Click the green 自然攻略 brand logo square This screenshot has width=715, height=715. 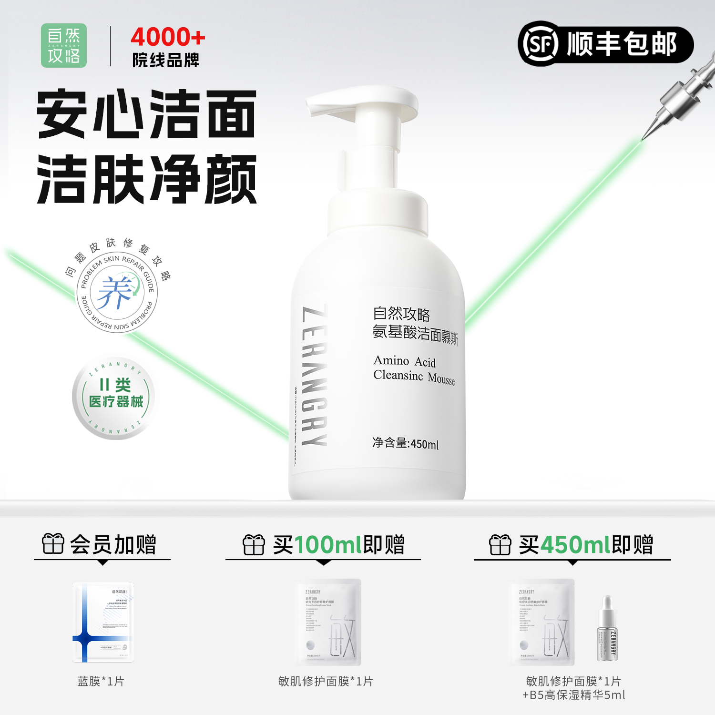coord(64,45)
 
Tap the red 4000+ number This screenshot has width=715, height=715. coord(168,37)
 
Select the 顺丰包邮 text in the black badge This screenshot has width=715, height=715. coord(622,44)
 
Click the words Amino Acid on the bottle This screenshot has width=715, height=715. coord(404,361)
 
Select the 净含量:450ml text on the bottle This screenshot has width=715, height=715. coord(405,443)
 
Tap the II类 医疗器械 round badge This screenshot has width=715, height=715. coord(114,398)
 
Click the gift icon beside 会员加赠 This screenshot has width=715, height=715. coord(53,544)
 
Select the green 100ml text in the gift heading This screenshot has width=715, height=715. coord(328,545)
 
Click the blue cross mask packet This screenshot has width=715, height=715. coord(103,622)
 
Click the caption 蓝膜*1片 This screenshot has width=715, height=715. coord(101,681)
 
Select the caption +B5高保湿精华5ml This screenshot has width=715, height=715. coord(573,695)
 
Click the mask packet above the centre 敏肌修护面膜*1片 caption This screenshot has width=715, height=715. coord(328,622)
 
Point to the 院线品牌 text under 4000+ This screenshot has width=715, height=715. coord(165,61)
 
